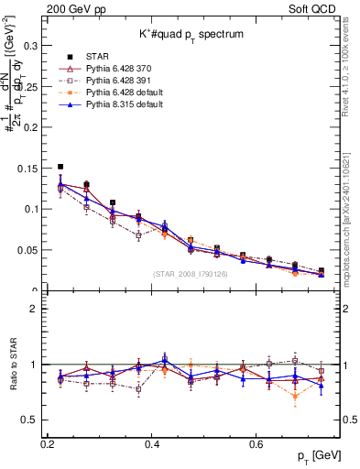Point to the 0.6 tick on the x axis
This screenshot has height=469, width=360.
point(258,444)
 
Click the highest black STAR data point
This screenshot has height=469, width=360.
point(60,167)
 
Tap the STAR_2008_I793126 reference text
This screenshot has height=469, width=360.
point(191,274)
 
